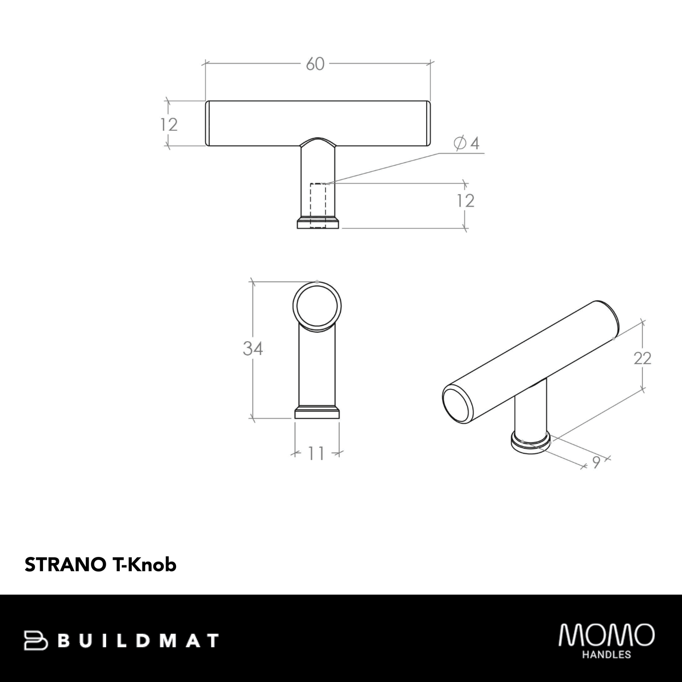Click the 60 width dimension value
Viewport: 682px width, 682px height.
315,64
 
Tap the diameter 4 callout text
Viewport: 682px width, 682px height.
467,143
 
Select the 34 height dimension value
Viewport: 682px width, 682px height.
253,349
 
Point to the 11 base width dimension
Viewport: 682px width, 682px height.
316,454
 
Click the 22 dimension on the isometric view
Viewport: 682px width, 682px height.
642,359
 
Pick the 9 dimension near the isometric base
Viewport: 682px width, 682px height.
596,463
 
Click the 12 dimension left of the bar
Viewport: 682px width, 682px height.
168,125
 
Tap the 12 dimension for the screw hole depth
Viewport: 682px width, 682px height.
465,201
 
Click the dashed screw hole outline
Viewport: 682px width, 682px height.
318,205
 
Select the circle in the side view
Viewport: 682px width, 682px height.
317,304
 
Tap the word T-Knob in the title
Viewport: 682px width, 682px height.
145,564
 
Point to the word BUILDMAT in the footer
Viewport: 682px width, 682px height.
140,640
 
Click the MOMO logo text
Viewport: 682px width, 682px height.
606,635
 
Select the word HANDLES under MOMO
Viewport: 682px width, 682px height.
607,655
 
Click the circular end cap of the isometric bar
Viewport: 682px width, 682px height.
455,405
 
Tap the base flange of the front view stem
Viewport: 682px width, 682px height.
318,223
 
